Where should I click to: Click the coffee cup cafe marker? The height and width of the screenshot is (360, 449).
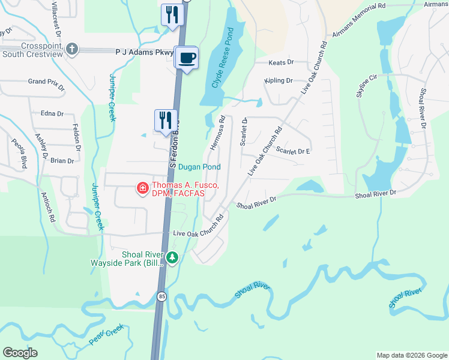tap(187, 58)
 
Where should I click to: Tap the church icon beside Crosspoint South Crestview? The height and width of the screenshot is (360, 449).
tap(72, 49)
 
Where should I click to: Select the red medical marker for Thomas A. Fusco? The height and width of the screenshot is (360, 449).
tap(143, 189)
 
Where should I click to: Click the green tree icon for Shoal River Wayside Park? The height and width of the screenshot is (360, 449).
tap(173, 258)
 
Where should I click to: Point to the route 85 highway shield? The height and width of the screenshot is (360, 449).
tap(162, 296)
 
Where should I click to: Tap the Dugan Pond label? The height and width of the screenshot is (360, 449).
tap(199, 167)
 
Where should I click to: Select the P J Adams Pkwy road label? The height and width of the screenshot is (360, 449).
tap(144, 52)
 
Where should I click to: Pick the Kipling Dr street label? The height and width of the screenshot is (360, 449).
tap(279, 80)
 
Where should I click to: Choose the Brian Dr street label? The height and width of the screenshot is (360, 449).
tap(62, 161)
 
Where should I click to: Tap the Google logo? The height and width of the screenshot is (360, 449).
tap(20, 352)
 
